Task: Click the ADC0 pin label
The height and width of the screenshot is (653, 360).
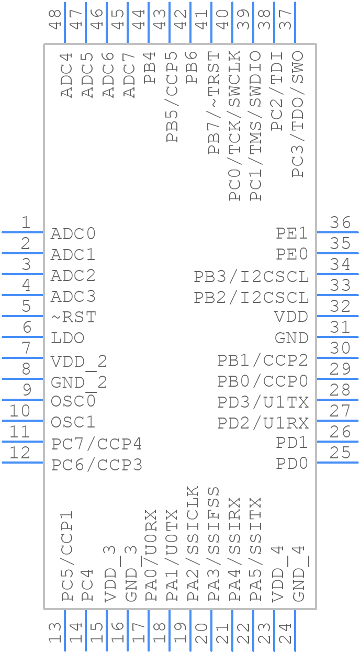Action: tap(73, 234)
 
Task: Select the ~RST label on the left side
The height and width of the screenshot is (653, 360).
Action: tap(73, 318)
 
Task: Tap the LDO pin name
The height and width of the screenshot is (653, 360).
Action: tap(67, 339)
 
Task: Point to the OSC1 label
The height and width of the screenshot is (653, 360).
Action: tap(73, 422)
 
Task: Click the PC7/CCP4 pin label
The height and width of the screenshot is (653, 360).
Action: tap(97, 444)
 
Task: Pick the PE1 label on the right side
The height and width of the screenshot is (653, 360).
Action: tap(292, 234)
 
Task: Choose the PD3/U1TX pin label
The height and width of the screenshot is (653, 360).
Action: tap(263, 402)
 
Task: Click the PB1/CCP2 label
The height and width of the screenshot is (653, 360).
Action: tap(263, 361)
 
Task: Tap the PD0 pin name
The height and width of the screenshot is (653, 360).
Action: tap(292, 464)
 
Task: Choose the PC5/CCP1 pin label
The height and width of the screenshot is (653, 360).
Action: tap(67, 556)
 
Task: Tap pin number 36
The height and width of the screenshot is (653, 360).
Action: tap(340, 223)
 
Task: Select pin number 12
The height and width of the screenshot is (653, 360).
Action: tap(20, 453)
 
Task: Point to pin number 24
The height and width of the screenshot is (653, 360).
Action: tap(286, 634)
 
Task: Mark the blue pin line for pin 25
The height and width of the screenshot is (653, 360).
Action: tap(337, 462)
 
